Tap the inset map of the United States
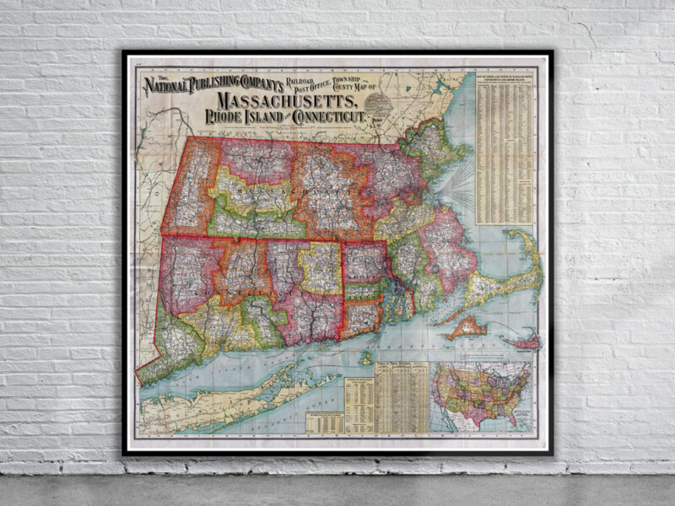click(480, 397)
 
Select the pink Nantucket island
click(521, 342)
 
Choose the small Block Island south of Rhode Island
click(367, 358)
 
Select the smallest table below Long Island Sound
click(324, 423)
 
